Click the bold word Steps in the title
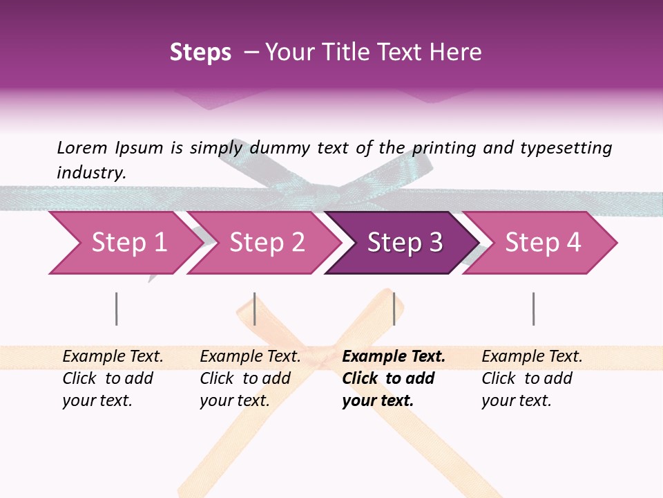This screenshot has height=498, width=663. pyautogui.click(x=200, y=53)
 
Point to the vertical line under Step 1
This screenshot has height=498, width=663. pyautogui.click(x=117, y=308)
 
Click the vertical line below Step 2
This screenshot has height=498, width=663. pyautogui.click(x=255, y=308)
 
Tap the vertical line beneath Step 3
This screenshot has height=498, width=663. pyautogui.click(x=394, y=308)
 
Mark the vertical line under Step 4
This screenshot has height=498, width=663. pyautogui.click(x=533, y=308)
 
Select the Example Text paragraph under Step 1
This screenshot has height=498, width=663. pyautogui.click(x=113, y=378)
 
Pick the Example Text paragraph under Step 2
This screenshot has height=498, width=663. pyautogui.click(x=250, y=378)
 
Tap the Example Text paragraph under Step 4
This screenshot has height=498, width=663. pyautogui.click(x=532, y=378)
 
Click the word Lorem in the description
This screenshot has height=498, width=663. pyautogui.click(x=82, y=147)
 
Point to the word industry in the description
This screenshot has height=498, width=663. pyautogui.click(x=90, y=173)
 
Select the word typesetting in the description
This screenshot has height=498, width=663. pyautogui.click(x=565, y=147)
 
